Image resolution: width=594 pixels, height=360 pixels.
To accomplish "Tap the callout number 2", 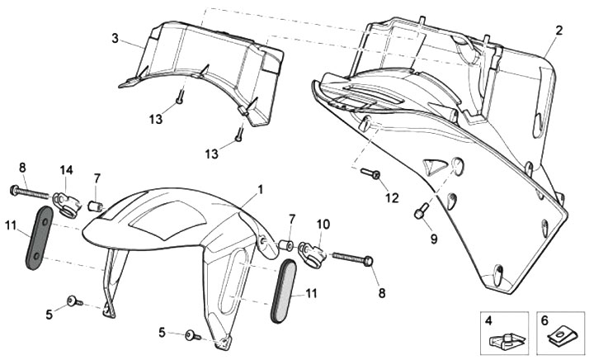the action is coord(559,31).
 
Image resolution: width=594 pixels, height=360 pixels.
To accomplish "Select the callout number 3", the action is coord(115,38).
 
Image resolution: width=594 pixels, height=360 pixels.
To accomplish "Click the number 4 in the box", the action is coord(488,319).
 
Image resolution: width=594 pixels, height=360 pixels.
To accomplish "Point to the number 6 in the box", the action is coord(544,319).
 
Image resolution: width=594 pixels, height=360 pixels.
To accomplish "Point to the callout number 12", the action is coord(392,197).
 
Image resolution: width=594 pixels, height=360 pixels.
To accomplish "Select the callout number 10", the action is coord(323,225).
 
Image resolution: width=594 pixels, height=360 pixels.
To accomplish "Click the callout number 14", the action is coord(66,170).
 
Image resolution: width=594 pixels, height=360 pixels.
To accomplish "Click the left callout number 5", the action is coord(49,314).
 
